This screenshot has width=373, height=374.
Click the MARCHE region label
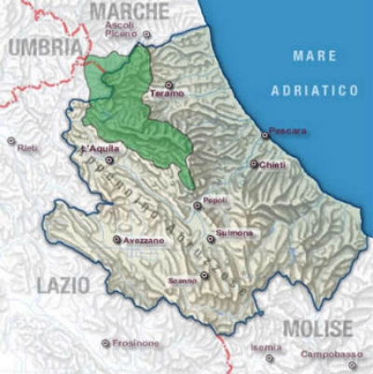[x=131, y=10]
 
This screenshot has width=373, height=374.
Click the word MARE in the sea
[x=314, y=56]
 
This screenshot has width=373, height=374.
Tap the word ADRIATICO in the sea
[x=314, y=90]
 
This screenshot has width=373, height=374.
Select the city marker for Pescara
[x=265, y=136]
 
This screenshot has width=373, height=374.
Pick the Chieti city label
[x=272, y=164]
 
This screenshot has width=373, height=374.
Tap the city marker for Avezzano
[x=116, y=241]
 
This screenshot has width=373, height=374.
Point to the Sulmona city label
[x=233, y=233]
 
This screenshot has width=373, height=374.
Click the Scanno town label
[x=183, y=280]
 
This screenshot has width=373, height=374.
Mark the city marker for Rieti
[x=11, y=142]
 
